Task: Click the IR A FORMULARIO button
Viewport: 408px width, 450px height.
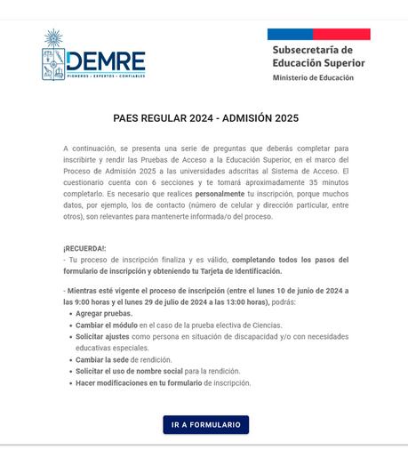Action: pos(205,425)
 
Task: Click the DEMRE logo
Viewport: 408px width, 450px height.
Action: pos(92,56)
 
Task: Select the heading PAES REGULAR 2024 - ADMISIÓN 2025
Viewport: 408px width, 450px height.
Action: pos(205,118)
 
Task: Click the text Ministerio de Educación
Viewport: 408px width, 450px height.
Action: pos(313,78)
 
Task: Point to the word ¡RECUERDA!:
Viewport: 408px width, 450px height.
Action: pos(84,248)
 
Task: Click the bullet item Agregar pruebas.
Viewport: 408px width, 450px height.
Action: pos(104,314)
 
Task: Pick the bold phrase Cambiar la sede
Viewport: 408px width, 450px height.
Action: pos(101,360)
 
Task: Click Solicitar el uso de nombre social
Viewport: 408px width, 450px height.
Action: pos(129,372)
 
